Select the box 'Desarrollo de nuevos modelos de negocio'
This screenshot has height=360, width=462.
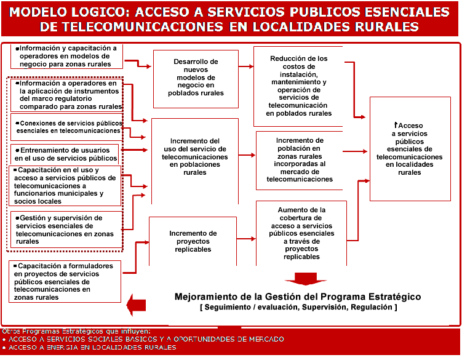point(196,78)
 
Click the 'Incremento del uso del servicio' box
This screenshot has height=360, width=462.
point(194,157)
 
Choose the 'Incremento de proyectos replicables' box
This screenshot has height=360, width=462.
point(193,241)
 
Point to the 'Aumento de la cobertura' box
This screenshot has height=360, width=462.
point(301,233)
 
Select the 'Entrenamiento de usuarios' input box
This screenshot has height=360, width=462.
point(65,154)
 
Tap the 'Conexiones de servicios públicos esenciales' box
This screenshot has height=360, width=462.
point(66,127)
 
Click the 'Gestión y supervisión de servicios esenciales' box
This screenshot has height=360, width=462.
point(66,230)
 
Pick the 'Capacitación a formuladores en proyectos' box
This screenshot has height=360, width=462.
point(66,281)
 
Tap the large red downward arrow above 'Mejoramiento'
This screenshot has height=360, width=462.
point(301,278)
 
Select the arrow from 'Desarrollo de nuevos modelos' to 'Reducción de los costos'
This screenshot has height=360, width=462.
point(245,66)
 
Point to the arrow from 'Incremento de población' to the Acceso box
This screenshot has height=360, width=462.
point(355,151)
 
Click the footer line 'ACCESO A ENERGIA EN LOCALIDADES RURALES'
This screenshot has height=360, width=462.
point(92,348)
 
